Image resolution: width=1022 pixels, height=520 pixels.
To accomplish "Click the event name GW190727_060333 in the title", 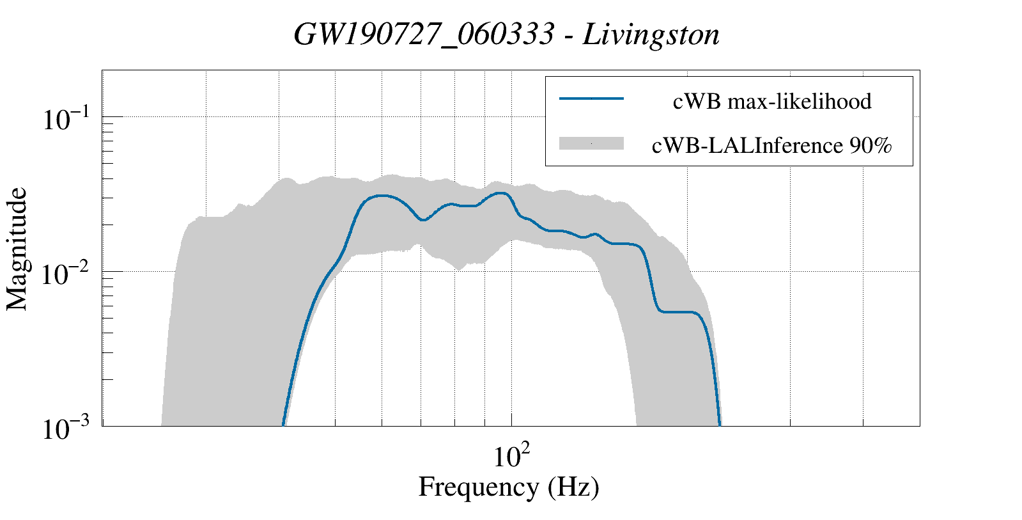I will click(x=424, y=35).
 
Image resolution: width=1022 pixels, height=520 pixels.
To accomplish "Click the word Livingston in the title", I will click(x=651, y=35).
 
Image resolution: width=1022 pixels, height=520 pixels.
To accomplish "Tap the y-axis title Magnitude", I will click(x=18, y=249).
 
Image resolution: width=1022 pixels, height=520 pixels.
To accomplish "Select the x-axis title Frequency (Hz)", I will click(x=509, y=487).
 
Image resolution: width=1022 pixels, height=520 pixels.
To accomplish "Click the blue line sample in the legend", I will click(x=591, y=98).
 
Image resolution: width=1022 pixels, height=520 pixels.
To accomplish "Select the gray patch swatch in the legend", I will click(x=591, y=144).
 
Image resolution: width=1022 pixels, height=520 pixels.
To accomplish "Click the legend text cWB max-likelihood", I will click(x=772, y=101).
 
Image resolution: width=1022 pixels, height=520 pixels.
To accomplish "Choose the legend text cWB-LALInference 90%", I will click(x=771, y=146).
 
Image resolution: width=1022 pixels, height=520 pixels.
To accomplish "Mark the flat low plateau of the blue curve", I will click(x=680, y=311).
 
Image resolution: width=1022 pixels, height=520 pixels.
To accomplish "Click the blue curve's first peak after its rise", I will click(x=382, y=195).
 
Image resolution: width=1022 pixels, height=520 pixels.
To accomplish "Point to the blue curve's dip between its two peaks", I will click(x=422, y=220).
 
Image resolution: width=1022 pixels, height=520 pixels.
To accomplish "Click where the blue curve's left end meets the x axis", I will click(x=283, y=425).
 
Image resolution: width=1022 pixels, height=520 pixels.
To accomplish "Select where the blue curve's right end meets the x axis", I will click(x=720, y=425).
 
